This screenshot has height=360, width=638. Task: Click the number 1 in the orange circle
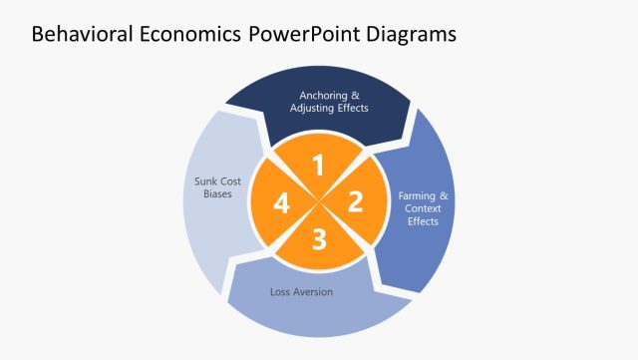coord(319,166)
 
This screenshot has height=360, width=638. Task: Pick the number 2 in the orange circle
coord(355,202)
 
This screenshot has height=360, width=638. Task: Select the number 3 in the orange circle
coord(319,239)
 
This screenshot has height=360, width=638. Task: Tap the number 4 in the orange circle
coord(282,203)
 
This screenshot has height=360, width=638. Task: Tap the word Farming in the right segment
coord(418,196)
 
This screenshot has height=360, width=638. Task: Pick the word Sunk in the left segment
coord(206,181)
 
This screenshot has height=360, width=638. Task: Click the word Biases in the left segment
coord(217,194)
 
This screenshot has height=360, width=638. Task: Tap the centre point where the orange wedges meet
coord(319,202)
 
